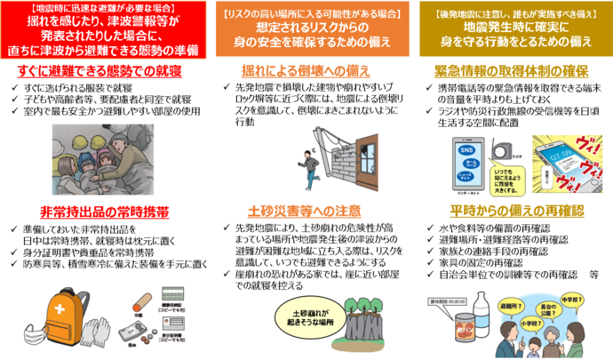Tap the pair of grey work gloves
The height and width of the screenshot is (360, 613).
coord(105,330)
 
